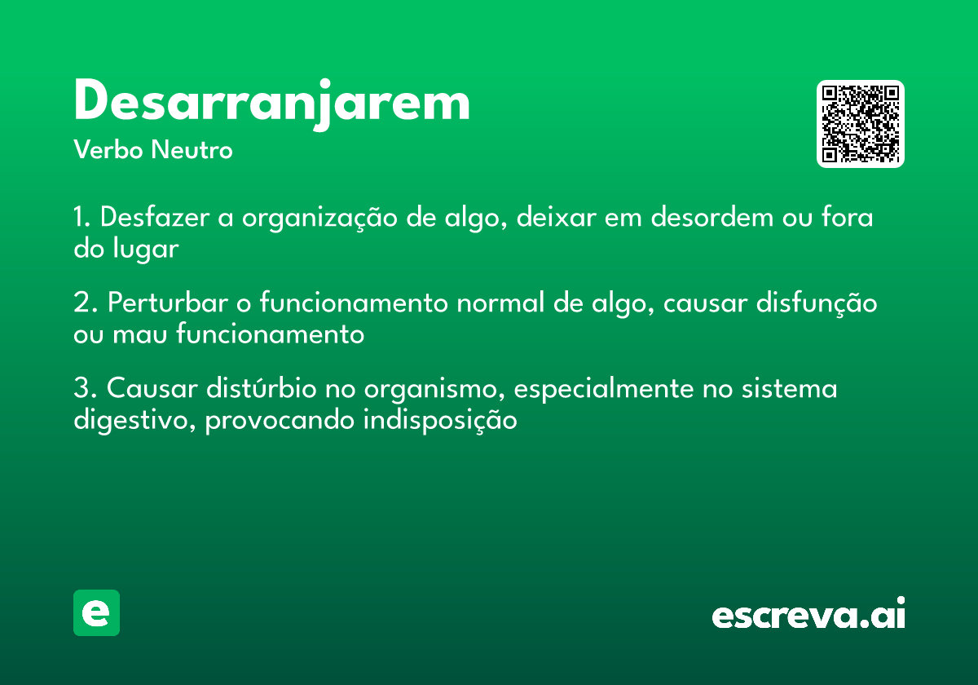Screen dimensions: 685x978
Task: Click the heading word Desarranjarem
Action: (x=271, y=103)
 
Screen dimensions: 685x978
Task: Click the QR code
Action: (x=861, y=124)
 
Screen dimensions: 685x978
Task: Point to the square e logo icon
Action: (x=96, y=612)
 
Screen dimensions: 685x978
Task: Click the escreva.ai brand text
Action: (x=808, y=615)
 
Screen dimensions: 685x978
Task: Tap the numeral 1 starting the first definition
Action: (x=80, y=219)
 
